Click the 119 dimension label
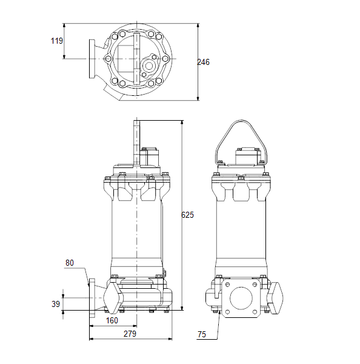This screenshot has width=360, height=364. (x=57, y=41)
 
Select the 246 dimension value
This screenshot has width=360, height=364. (x=203, y=62)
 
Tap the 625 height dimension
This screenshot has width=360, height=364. (x=187, y=215)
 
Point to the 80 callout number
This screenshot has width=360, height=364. (x=70, y=263)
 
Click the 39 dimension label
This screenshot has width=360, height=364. (x=56, y=304)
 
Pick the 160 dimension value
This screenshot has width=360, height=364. (x=112, y=320)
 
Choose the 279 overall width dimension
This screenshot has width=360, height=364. (x=130, y=334)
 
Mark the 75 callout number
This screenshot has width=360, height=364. (x=202, y=334)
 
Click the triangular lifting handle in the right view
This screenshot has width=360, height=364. (x=241, y=121)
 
